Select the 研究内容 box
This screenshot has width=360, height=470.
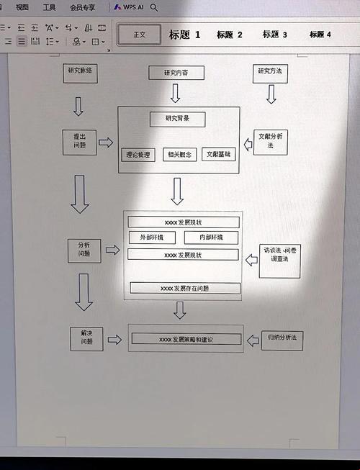(x=176, y=73)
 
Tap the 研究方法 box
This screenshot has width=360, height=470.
(x=271, y=71)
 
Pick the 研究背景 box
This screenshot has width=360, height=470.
(x=177, y=119)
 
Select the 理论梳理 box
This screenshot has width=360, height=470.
(x=138, y=154)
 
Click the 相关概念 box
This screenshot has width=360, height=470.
(x=179, y=154)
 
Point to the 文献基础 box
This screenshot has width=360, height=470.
(x=219, y=154)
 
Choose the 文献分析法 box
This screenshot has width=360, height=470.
(x=271, y=142)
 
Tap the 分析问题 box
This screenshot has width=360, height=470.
(x=85, y=250)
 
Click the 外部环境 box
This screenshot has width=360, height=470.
(x=151, y=238)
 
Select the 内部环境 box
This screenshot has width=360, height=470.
(x=211, y=238)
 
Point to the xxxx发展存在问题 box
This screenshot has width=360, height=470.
(x=185, y=288)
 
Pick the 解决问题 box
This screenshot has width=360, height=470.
(x=86, y=338)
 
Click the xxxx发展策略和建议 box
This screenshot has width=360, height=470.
(x=186, y=338)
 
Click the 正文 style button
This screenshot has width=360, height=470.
(x=139, y=35)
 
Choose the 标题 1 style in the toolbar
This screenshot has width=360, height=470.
(x=185, y=35)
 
